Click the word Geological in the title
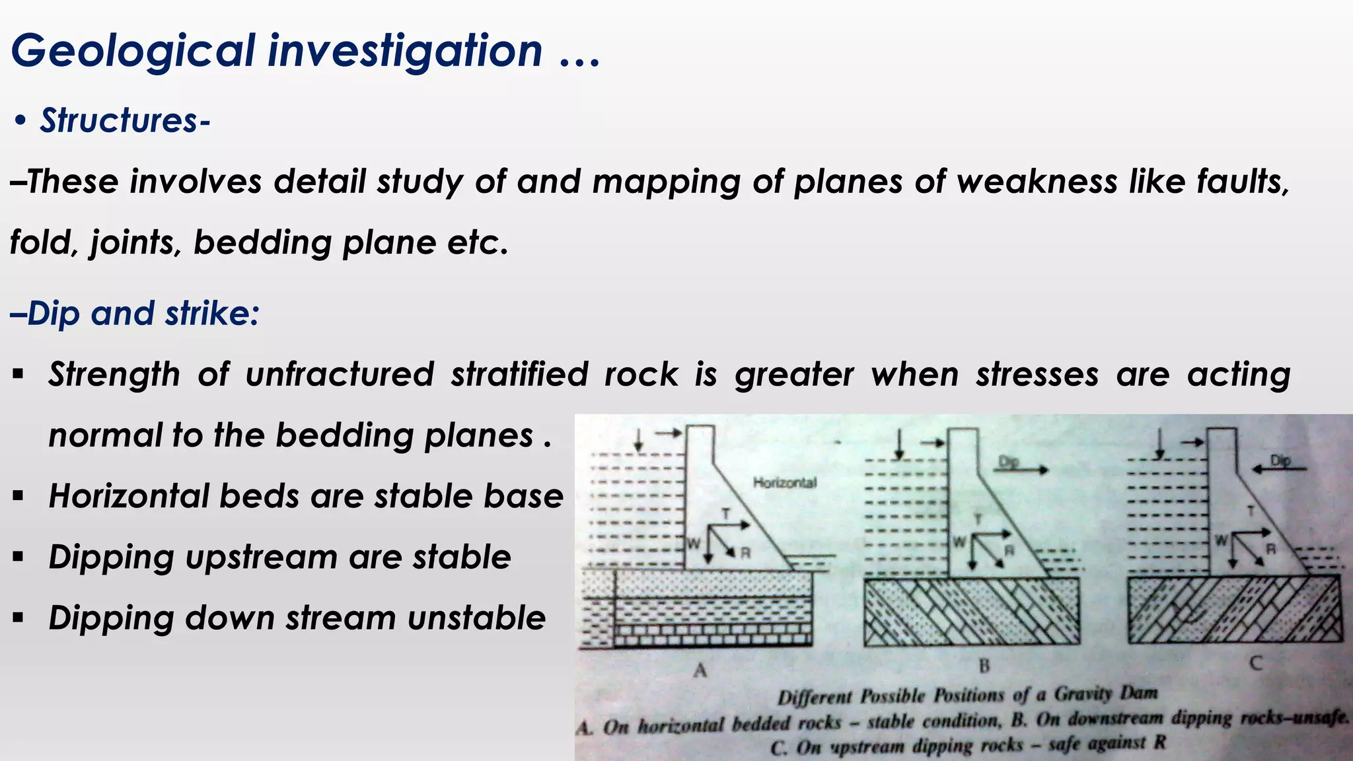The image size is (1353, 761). (x=132, y=52)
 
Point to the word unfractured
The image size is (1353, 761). (x=340, y=375)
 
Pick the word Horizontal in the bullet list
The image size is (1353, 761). (x=128, y=496)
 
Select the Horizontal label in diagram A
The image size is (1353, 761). (x=784, y=483)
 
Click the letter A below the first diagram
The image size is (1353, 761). (x=700, y=670)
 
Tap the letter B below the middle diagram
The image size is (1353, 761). (x=984, y=665)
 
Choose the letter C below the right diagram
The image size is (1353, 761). (x=1256, y=663)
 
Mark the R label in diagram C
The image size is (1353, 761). (x=1270, y=549)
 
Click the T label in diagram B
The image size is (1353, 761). (x=979, y=520)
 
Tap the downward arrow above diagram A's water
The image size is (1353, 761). (x=638, y=441)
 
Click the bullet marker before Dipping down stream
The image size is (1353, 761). (x=18, y=618)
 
